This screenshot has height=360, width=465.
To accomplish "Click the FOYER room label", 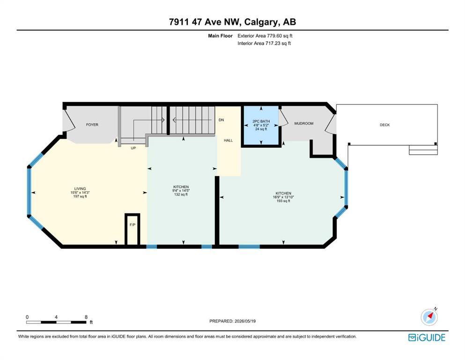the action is [92, 125].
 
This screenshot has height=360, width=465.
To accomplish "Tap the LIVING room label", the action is [80, 188].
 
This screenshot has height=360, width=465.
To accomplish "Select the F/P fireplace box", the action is [132, 229].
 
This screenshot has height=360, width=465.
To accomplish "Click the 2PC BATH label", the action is [261, 121].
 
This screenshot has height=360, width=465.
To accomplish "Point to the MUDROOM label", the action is [303, 123].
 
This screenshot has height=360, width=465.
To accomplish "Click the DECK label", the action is [384, 125].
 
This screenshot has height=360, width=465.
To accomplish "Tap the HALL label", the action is [229, 140].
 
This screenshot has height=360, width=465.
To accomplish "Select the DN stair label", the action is [221, 120].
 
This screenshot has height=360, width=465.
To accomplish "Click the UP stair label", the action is [133, 148].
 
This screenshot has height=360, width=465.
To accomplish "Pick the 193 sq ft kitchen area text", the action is [283, 201].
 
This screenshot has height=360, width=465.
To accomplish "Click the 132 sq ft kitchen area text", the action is [181, 195].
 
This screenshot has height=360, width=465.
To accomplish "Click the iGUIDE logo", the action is [427, 337].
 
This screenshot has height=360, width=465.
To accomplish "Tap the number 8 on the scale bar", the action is [86, 317].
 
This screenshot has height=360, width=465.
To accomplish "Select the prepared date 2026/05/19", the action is [245, 321].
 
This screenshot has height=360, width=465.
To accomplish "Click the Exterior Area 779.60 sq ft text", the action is [265, 36].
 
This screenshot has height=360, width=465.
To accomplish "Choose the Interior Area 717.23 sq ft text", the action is [264, 43].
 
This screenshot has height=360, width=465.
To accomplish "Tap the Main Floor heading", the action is [221, 36].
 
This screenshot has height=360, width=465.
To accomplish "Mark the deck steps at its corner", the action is [423, 150].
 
